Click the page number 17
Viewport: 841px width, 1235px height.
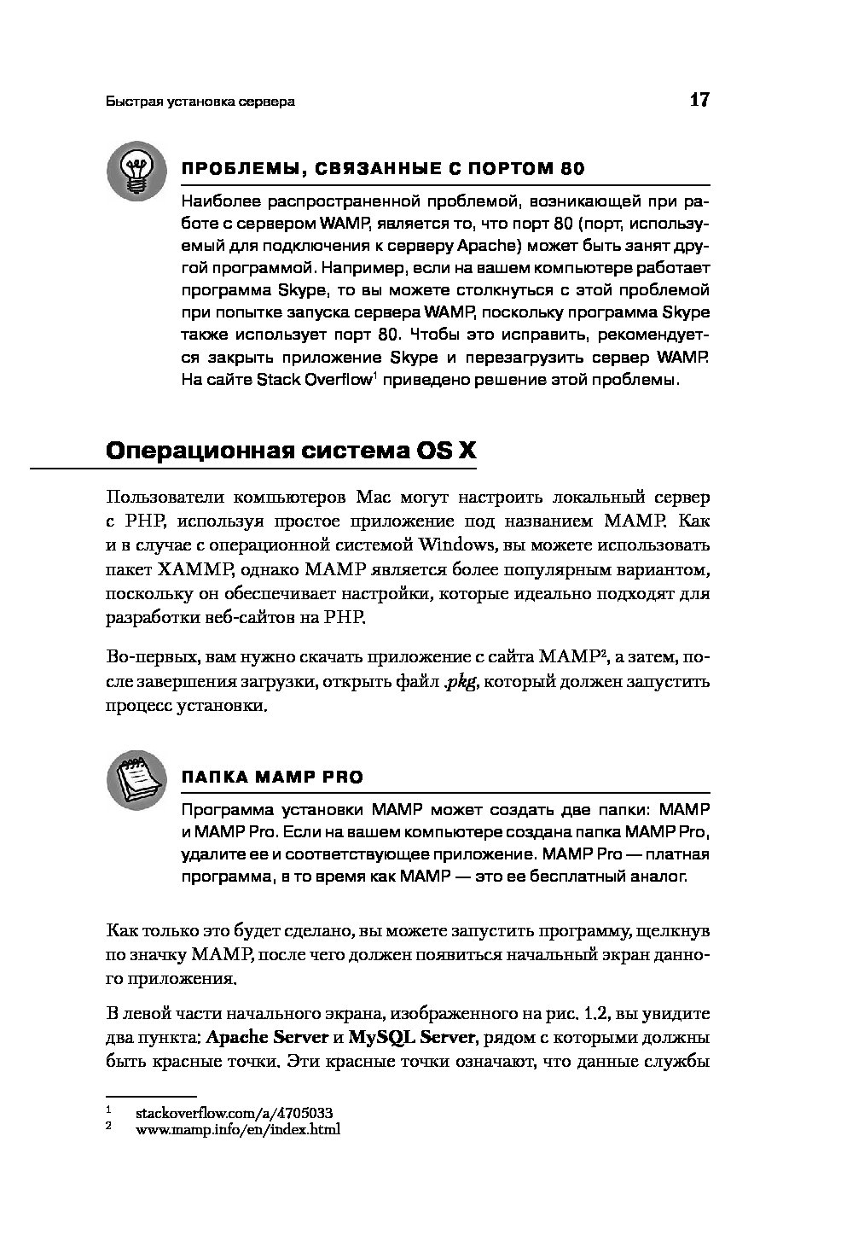[699, 100]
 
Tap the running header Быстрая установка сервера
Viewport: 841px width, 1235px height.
[200, 102]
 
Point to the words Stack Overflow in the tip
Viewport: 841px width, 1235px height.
[314, 380]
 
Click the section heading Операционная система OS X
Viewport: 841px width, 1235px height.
[291, 451]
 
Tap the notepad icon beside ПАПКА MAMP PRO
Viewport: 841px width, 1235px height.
[136, 779]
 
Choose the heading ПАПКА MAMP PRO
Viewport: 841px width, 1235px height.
[272, 778]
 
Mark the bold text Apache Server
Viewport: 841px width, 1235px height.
[268, 1038]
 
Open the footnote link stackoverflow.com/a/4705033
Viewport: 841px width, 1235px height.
[234, 1113]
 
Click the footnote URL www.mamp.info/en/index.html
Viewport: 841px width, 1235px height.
[238, 1129]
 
